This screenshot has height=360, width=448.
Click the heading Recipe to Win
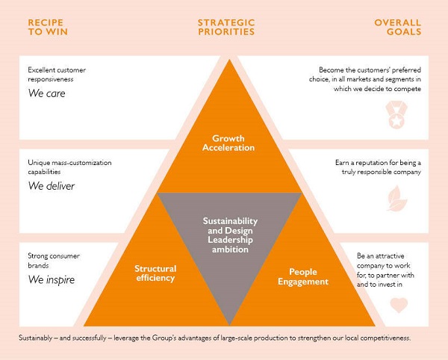[x=48, y=27]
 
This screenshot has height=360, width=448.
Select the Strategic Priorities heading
[x=226, y=27]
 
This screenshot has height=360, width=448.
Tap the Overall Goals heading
[x=398, y=27]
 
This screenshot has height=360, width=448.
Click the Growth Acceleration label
[x=228, y=143]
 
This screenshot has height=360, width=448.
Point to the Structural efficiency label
[x=155, y=273]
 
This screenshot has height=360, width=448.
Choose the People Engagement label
[x=303, y=276]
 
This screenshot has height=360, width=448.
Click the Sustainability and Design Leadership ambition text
[x=230, y=235]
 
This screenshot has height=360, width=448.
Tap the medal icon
[x=396, y=114]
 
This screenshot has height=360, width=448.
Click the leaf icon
[x=397, y=198]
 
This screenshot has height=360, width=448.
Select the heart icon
[x=399, y=305]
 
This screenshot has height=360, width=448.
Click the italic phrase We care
[x=46, y=93]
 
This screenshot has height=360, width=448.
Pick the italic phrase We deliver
[x=52, y=186]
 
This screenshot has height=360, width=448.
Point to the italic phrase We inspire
[x=52, y=280]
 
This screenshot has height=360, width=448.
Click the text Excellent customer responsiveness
[x=57, y=75]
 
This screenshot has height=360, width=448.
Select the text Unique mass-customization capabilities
[x=69, y=167]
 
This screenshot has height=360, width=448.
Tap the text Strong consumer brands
[x=54, y=261]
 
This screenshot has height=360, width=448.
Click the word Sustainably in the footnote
[x=35, y=338]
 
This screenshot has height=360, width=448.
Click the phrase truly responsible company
[x=381, y=172]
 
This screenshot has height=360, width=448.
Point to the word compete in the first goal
[x=407, y=89]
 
